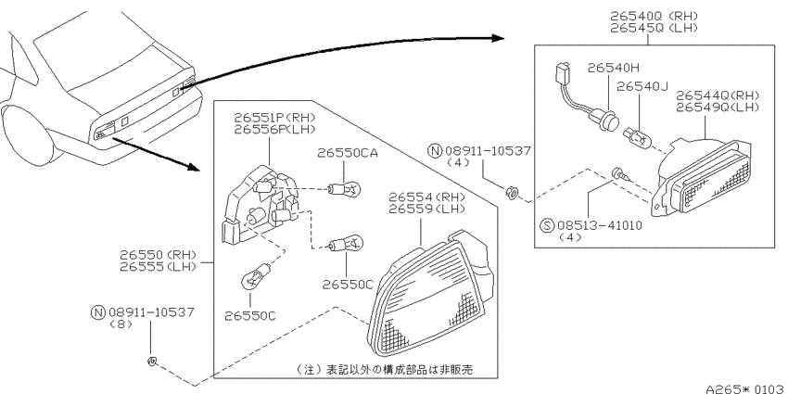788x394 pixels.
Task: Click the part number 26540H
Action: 613,68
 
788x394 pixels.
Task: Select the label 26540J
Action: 642,86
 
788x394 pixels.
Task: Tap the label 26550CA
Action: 347,153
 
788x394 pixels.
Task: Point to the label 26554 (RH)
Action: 426,197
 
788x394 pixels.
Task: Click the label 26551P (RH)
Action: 275,118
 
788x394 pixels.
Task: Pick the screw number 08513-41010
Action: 600,225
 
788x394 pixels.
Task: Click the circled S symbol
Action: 547,225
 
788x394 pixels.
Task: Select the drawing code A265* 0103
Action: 744,388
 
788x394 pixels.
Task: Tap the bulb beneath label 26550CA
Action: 345,189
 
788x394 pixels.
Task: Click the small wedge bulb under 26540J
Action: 634,136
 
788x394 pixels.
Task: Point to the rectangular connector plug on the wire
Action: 563,73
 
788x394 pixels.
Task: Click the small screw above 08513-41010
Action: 618,174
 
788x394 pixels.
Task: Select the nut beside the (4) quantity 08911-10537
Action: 511,192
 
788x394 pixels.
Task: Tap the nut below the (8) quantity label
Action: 152,360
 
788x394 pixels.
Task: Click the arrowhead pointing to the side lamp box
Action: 498,38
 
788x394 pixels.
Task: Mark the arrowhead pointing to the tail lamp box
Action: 193,166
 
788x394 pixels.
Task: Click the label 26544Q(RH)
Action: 718,95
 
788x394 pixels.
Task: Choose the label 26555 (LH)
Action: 158,267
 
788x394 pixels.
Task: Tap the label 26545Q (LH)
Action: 654,28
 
